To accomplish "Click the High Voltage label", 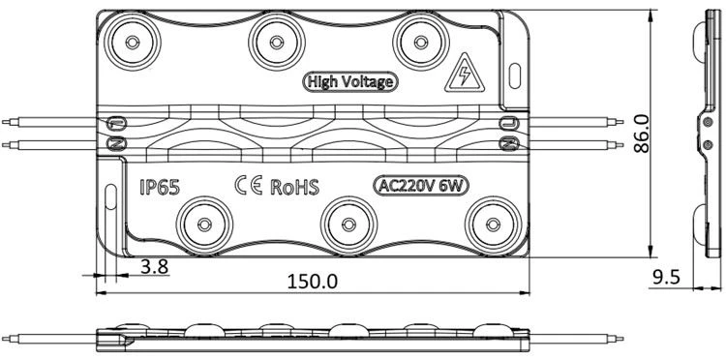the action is tap(350, 82).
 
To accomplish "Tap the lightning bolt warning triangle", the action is tap(465, 74).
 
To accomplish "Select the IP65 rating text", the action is tap(160, 187).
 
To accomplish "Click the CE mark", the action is tap(249, 185).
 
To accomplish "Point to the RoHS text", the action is tap(295, 187).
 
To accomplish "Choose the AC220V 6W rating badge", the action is tap(421, 186).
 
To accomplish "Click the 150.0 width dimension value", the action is tap(313, 282).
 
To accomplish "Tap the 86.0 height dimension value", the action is tap(641, 134).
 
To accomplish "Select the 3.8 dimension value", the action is tap(154, 266).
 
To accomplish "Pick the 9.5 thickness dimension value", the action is tap(666, 277).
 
